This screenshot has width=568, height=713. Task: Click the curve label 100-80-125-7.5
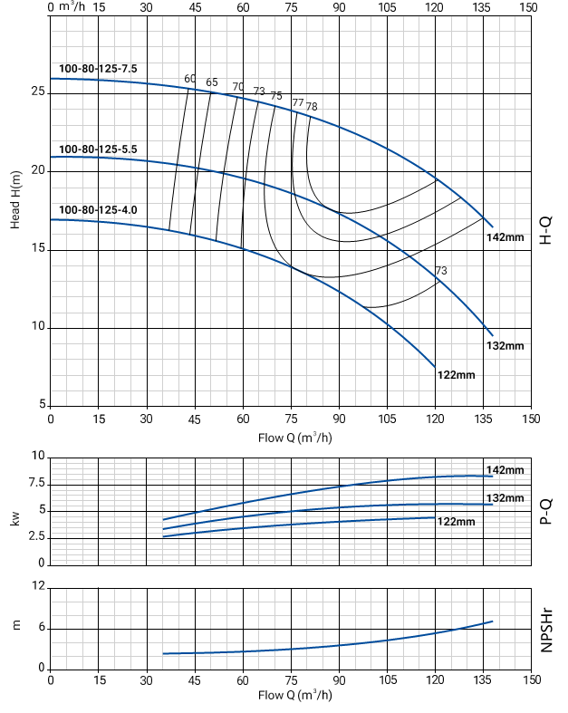(98, 69)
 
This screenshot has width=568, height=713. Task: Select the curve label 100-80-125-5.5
(98, 149)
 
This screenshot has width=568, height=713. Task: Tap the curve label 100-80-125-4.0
(98, 210)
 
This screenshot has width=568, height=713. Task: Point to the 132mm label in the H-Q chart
(505, 345)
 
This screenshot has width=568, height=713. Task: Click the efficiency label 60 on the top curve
(190, 79)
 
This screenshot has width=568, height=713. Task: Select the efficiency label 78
(312, 107)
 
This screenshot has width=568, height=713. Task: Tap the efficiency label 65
(212, 83)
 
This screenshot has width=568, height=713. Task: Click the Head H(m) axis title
(16, 196)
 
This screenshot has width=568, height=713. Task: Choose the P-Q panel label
(545, 511)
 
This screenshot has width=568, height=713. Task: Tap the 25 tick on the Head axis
(38, 92)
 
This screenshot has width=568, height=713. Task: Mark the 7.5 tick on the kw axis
(34, 483)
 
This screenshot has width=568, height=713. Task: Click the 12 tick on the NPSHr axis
(38, 587)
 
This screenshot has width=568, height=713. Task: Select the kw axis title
(15, 519)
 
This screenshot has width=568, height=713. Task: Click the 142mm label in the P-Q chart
(505, 469)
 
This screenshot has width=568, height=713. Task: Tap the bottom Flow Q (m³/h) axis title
(294, 695)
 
